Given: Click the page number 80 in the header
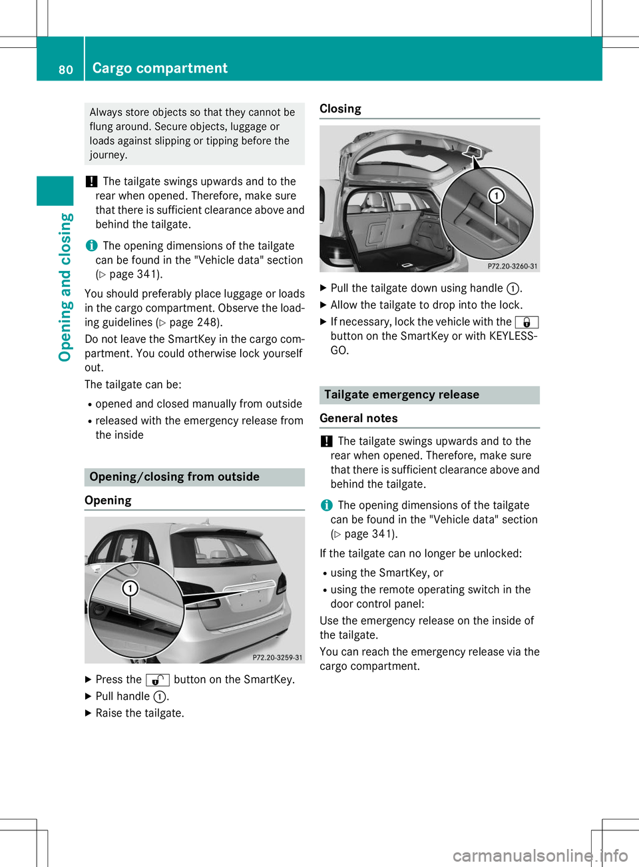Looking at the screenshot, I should click(x=65, y=69).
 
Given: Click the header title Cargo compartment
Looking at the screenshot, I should click(x=160, y=68).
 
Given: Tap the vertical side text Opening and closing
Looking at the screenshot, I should click(x=65, y=287).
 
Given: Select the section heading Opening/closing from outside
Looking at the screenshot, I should click(x=174, y=477).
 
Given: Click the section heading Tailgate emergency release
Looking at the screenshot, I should click(x=401, y=395).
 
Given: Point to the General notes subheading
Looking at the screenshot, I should click(x=359, y=418).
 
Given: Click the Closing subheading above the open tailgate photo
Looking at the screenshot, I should click(x=340, y=109).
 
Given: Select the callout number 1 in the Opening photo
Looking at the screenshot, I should click(x=130, y=588).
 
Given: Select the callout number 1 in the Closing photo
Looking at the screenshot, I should click(x=496, y=195).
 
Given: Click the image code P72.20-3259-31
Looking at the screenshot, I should click(x=277, y=657).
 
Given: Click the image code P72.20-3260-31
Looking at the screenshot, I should click(x=512, y=266).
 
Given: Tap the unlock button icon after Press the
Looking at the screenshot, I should click(x=158, y=680).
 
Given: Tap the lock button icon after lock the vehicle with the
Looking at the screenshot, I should click(x=527, y=322).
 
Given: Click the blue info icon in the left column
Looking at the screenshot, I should click(x=91, y=246).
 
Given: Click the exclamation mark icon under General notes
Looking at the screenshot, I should click(x=326, y=441).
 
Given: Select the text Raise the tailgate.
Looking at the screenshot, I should click(x=140, y=713).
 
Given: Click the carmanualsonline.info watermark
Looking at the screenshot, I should click(x=540, y=855).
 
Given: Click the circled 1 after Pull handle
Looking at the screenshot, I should click(x=160, y=697).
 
